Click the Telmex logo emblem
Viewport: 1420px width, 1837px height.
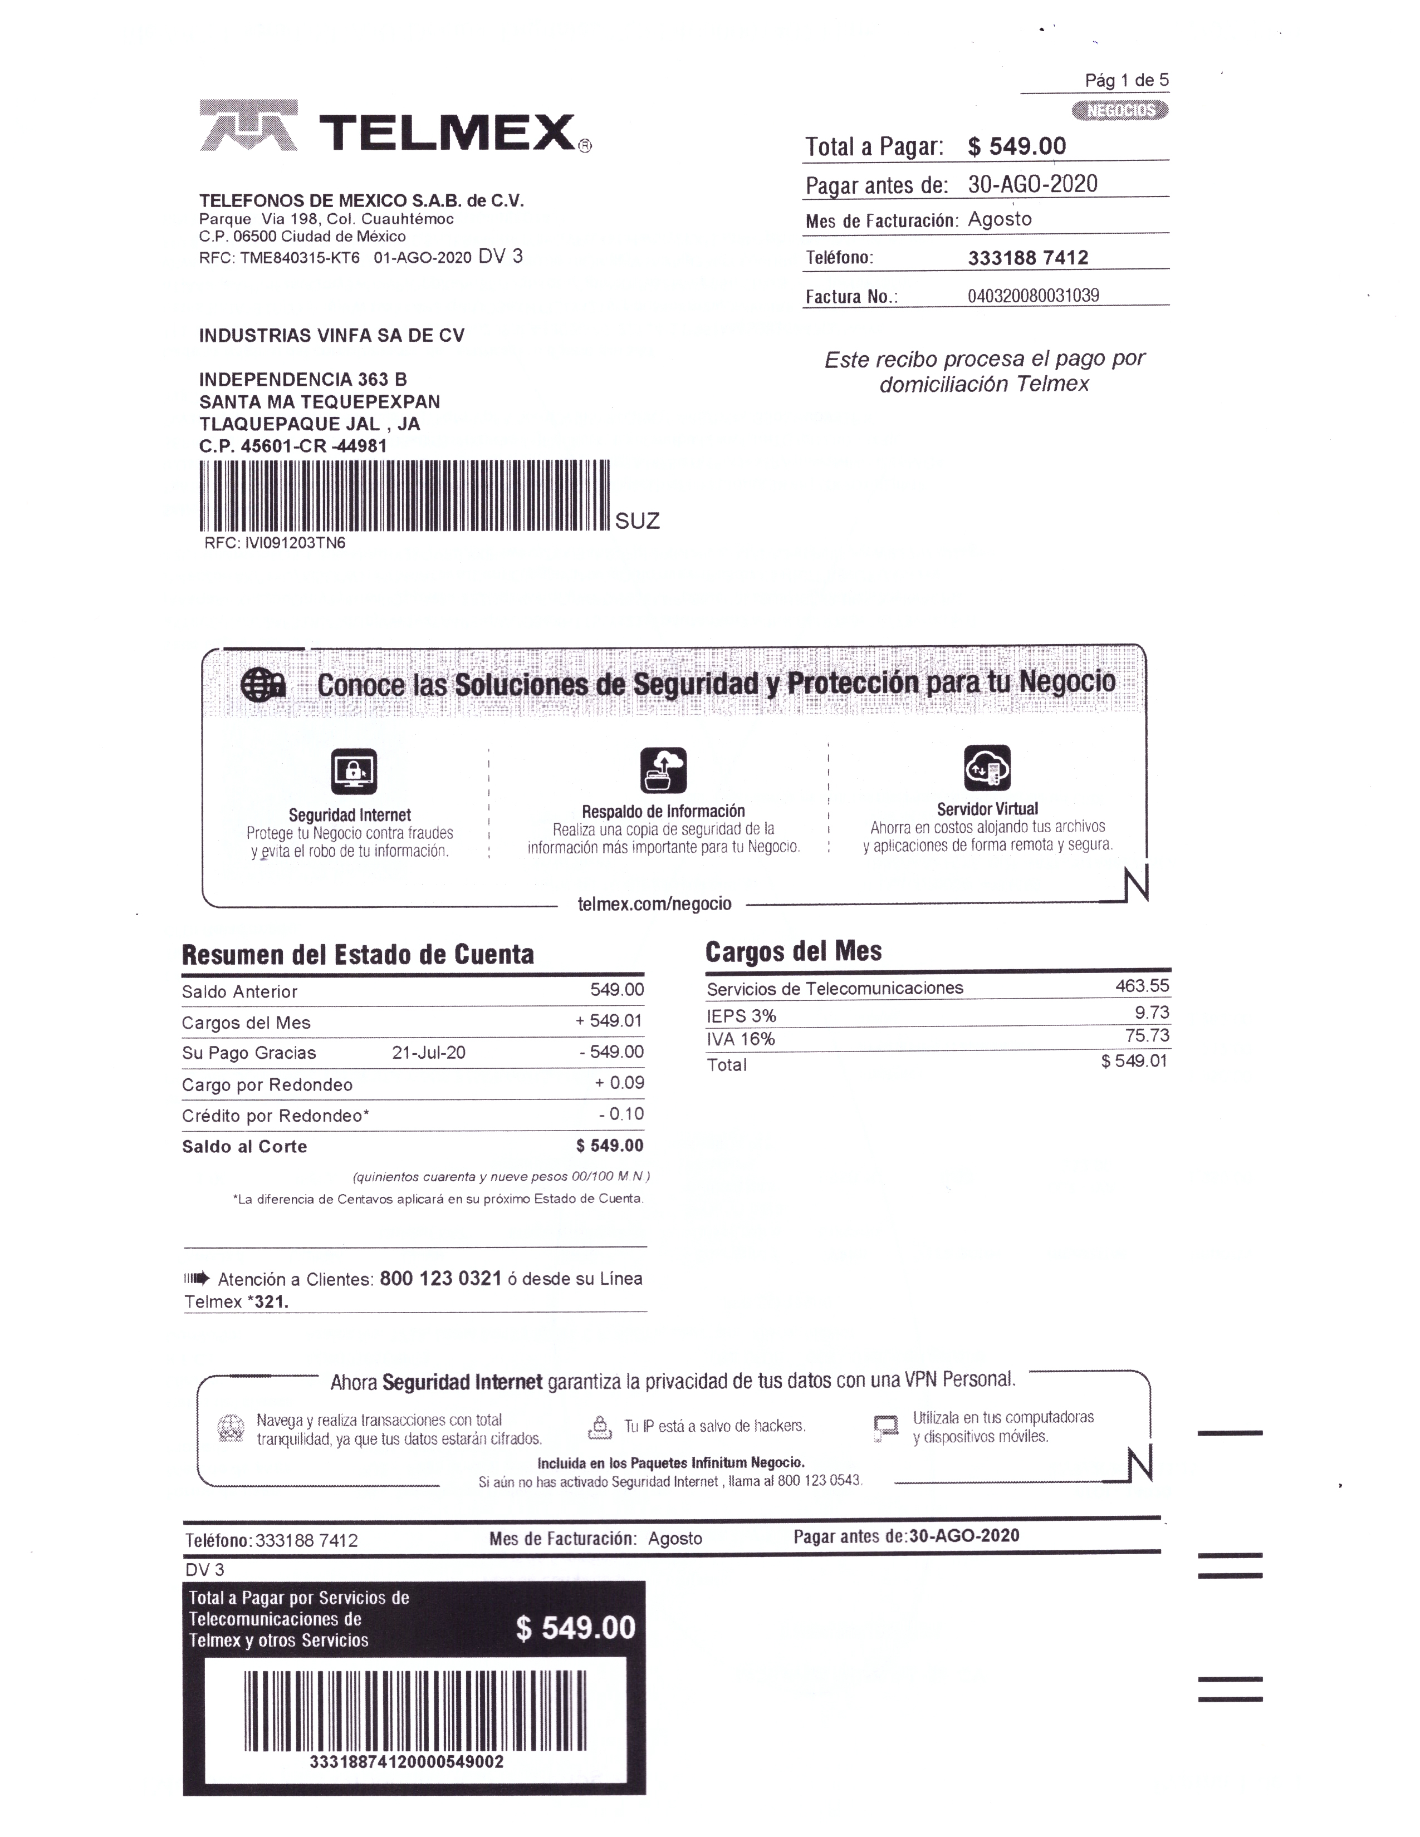tap(248, 126)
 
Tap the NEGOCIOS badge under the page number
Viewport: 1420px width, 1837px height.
tap(1120, 110)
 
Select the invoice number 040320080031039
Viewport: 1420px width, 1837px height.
tap(1033, 295)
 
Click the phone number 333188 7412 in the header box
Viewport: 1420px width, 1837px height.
tap(1027, 257)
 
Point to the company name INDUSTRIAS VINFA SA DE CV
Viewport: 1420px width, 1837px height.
tap(331, 336)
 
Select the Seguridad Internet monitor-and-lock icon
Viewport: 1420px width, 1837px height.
tap(353, 772)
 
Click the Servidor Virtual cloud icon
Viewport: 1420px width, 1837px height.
tap(987, 767)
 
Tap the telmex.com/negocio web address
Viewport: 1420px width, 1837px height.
tap(654, 904)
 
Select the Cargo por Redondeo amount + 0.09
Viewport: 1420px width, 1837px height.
tap(619, 1083)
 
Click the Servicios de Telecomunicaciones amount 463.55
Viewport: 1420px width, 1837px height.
tap(1142, 986)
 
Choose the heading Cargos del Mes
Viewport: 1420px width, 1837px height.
tap(794, 951)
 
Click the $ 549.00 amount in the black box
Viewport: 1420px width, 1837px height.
tap(575, 1628)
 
